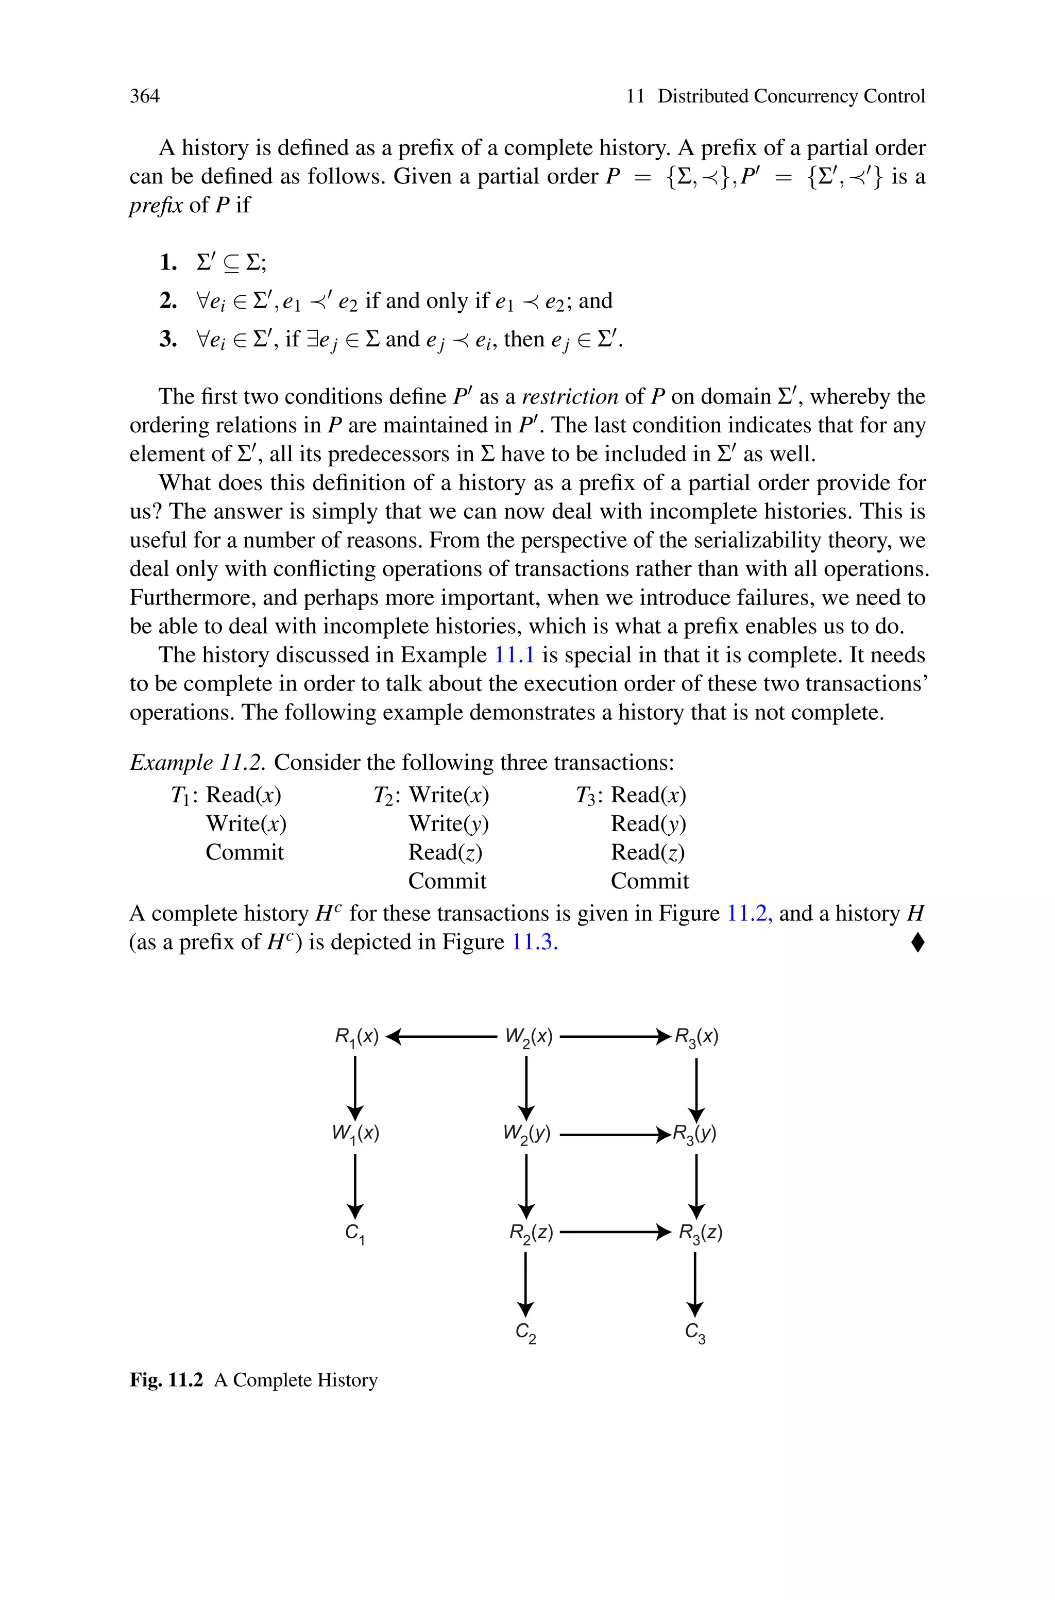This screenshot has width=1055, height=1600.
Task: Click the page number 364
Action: [x=145, y=96]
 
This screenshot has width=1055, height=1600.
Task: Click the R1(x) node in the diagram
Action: [x=356, y=1037]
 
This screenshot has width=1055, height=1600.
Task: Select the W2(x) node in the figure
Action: [x=529, y=1037]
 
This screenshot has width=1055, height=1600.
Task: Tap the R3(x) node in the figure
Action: [x=697, y=1037]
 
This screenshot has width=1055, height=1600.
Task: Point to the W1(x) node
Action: [x=355, y=1134]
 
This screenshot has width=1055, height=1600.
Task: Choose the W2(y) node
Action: [x=527, y=1134]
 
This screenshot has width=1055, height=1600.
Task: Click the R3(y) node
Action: [x=695, y=1134]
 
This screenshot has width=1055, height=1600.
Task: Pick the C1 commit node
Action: [x=354, y=1233]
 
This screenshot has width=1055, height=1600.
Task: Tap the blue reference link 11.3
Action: [x=535, y=942]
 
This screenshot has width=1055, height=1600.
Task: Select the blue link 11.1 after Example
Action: [x=514, y=654]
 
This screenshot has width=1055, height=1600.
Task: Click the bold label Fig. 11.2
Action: [x=166, y=1380]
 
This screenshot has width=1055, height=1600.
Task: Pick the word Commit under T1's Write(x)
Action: [x=245, y=852]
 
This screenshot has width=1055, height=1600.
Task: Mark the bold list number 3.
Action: [x=167, y=339]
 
